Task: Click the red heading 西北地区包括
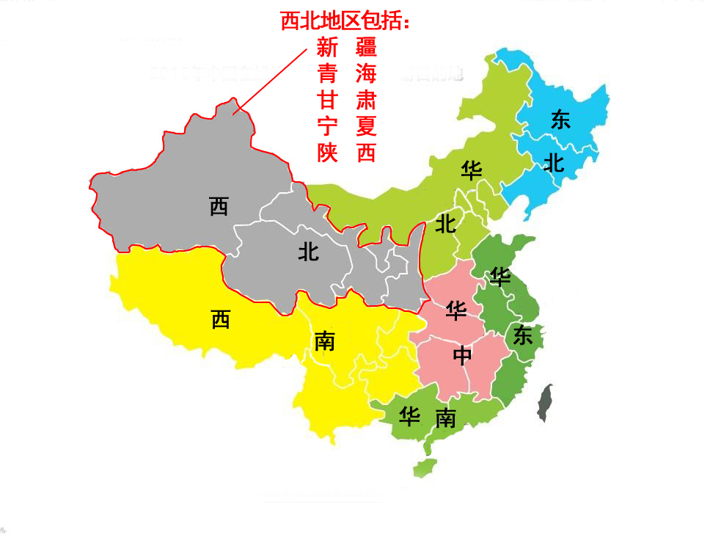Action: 345,22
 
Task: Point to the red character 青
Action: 327,73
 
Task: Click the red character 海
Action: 366,73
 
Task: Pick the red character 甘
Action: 327,100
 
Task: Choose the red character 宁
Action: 327,126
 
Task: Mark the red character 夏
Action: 366,126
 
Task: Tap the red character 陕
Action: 327,153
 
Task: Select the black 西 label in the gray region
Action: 219,207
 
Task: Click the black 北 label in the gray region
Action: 308,252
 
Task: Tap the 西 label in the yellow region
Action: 220,320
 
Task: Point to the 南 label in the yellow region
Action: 323,341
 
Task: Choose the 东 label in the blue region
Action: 560,120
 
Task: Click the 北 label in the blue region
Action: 554,164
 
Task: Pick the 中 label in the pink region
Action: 462,356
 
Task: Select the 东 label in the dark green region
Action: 522,336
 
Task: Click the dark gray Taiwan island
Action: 546,403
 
